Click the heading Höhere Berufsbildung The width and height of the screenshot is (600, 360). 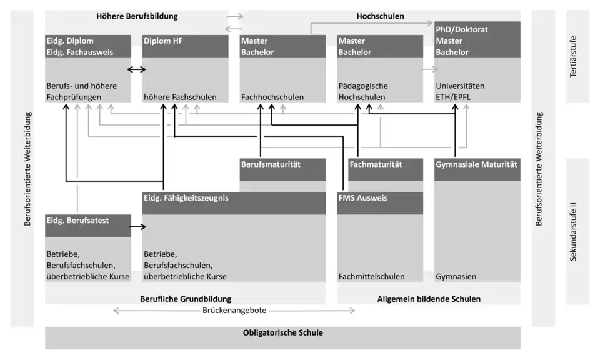pyautogui.click(x=137, y=16)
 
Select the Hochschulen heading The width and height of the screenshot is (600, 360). pyautogui.click(x=380, y=16)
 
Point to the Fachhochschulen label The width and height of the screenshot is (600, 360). pyautogui.click(x=272, y=97)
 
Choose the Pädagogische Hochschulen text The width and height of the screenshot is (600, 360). pyautogui.click(x=363, y=91)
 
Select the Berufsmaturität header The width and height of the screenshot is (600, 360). pyautogui.click(x=271, y=164)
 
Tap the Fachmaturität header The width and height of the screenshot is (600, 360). pyautogui.click(x=376, y=164)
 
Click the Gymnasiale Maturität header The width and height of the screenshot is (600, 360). pyautogui.click(x=477, y=164)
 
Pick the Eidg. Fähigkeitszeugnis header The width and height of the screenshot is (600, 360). pyautogui.click(x=186, y=199)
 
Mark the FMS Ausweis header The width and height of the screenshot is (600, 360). pyautogui.click(x=363, y=199)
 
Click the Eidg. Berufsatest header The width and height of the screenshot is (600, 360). pyautogui.click(x=78, y=221)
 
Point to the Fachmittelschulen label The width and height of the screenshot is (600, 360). pyautogui.click(x=371, y=276)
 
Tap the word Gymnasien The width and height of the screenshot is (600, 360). pyautogui.click(x=456, y=276)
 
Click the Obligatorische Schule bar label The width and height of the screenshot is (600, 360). pyautogui.click(x=282, y=333)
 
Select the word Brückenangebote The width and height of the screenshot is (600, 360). pyautogui.click(x=234, y=311)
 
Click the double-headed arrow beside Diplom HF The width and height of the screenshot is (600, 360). pyautogui.click(x=137, y=69)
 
